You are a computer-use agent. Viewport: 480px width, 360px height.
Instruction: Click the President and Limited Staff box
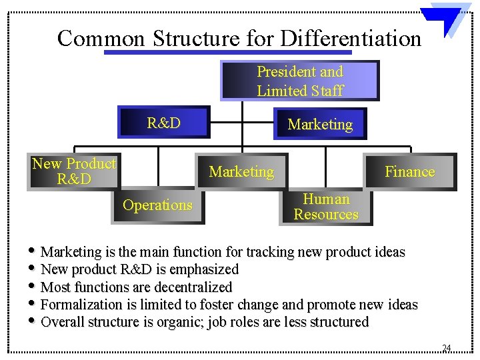[x=300, y=81]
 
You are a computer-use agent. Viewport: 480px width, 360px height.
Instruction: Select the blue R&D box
[x=164, y=123]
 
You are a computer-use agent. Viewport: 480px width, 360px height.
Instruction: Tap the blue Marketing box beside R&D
[x=319, y=124]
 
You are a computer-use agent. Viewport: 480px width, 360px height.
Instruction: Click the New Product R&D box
[x=73, y=171]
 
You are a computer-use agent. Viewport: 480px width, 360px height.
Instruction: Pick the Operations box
[x=157, y=205]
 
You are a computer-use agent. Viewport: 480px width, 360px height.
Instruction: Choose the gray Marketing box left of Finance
[x=241, y=172]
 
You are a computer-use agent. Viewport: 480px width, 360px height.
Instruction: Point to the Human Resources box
[x=325, y=207]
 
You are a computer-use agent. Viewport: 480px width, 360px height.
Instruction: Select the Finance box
[x=409, y=172]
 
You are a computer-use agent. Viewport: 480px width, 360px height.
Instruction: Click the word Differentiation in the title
[x=351, y=38]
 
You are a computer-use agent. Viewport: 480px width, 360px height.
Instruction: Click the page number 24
[x=446, y=347]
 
